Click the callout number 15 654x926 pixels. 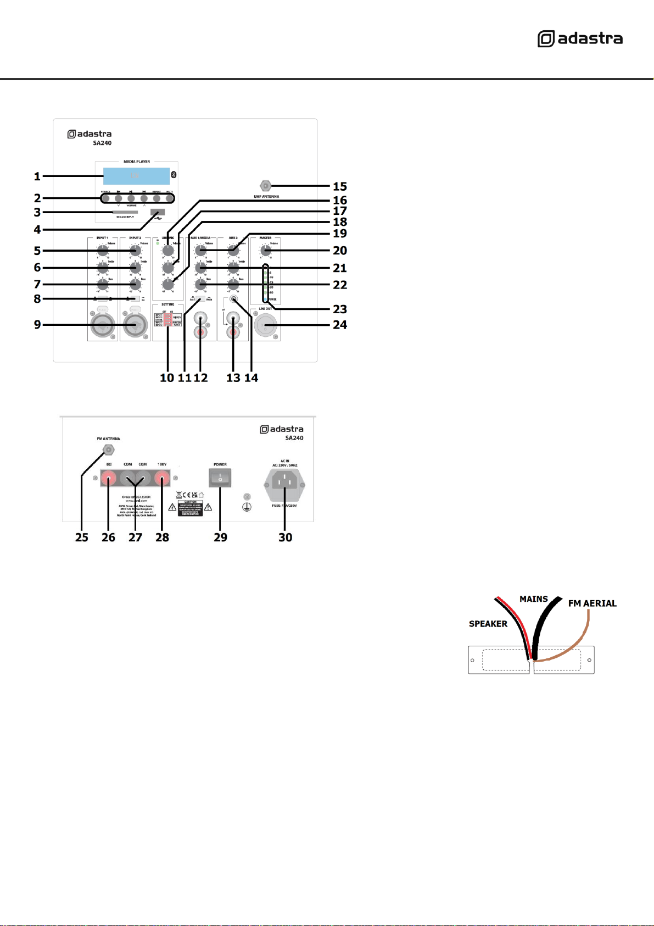click(x=340, y=186)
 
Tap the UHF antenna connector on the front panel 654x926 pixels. click(x=266, y=186)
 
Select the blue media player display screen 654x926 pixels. click(x=136, y=176)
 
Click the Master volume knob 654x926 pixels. click(x=266, y=251)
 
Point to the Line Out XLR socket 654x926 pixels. click(x=266, y=326)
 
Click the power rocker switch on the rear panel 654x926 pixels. click(x=220, y=478)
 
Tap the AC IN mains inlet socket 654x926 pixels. click(x=285, y=482)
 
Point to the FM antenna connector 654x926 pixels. click(x=109, y=450)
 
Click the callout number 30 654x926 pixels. click(x=285, y=537)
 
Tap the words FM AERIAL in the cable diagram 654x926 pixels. click(x=592, y=603)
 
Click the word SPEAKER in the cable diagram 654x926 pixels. click(x=488, y=624)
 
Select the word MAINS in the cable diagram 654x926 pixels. click(x=534, y=599)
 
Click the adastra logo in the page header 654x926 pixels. click(x=580, y=39)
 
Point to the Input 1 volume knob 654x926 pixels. click(x=103, y=251)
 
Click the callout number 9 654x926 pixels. click(x=37, y=325)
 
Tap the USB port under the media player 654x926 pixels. click(x=158, y=212)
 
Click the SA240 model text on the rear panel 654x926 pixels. click(x=294, y=438)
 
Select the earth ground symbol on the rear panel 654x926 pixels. click(x=247, y=507)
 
